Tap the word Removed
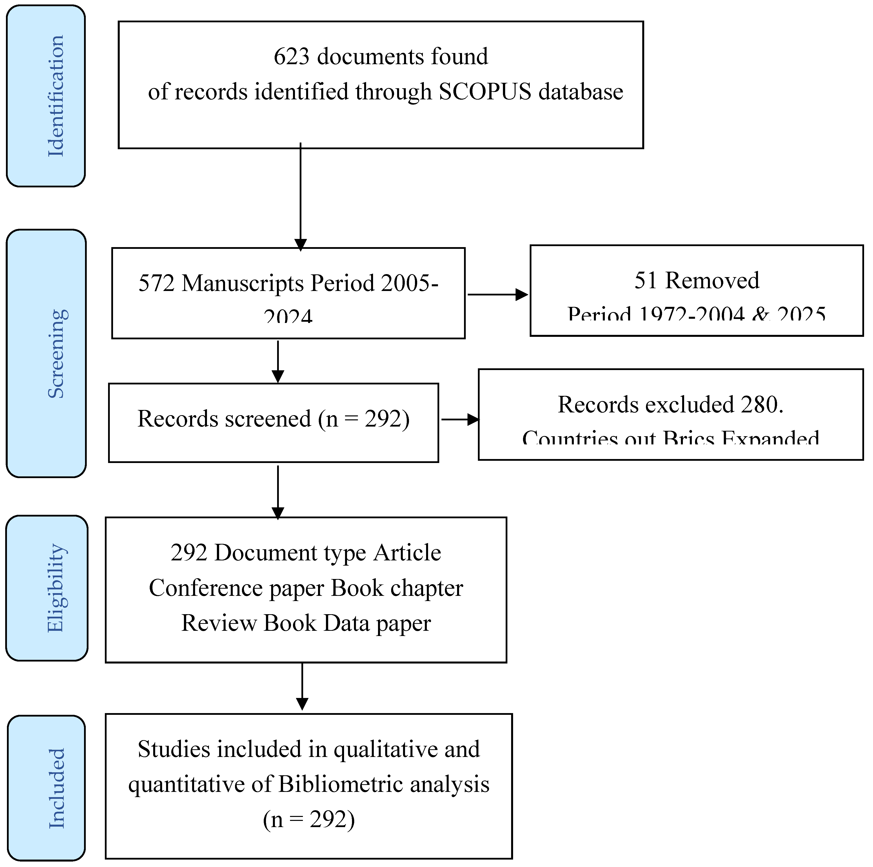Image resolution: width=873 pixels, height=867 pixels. coord(713,281)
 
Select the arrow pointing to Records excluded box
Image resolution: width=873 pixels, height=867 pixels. coord(460,420)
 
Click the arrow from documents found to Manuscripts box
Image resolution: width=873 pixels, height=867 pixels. coord(300,197)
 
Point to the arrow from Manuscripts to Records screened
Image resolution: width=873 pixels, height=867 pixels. coord(278,361)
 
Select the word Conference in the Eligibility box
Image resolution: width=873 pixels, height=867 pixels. coord(205,588)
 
